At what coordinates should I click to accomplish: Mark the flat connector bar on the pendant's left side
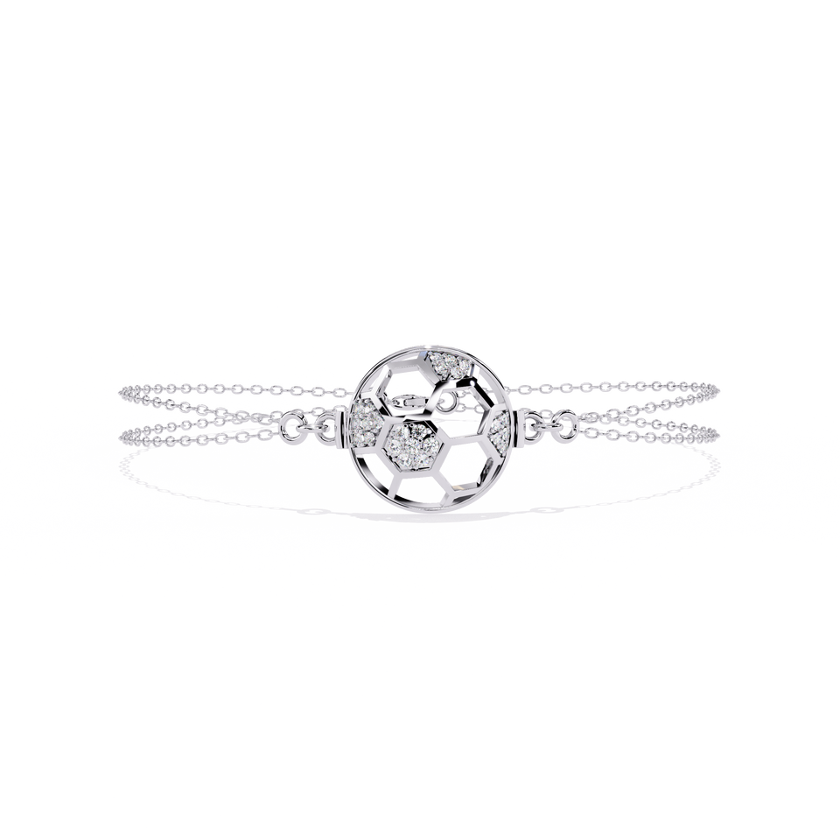(342, 429)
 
